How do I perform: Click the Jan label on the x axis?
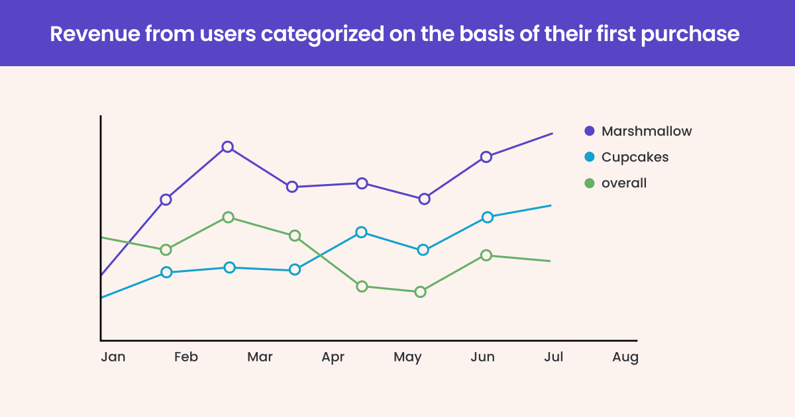(x=113, y=357)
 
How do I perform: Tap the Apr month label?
(x=333, y=357)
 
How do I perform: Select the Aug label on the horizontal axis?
(x=625, y=357)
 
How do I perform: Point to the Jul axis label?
(x=553, y=357)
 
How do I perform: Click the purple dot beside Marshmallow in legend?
(x=590, y=131)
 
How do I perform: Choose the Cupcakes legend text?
(x=635, y=157)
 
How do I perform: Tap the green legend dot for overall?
(x=590, y=183)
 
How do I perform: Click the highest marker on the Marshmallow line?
(x=227, y=147)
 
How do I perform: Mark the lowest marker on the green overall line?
(x=419, y=292)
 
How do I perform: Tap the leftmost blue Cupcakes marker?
(x=166, y=272)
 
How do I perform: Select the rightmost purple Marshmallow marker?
(x=486, y=157)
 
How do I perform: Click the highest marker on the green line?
(x=228, y=217)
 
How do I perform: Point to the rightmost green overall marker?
(x=486, y=255)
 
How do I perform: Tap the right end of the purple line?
(x=552, y=133)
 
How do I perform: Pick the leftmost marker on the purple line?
(x=166, y=199)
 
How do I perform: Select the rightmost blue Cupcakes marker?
(x=487, y=217)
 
